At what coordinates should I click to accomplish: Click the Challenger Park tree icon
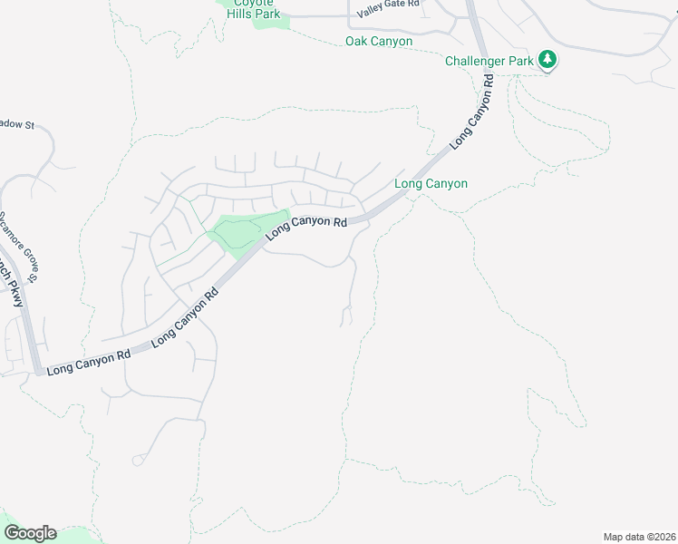coord(547,60)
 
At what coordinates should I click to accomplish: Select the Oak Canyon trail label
coord(379,42)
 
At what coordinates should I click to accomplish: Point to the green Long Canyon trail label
coord(431,184)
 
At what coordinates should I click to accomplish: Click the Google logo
coord(30,533)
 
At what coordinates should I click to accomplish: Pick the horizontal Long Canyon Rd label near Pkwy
coord(89,363)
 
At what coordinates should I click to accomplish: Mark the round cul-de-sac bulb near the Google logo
coord(138,461)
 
